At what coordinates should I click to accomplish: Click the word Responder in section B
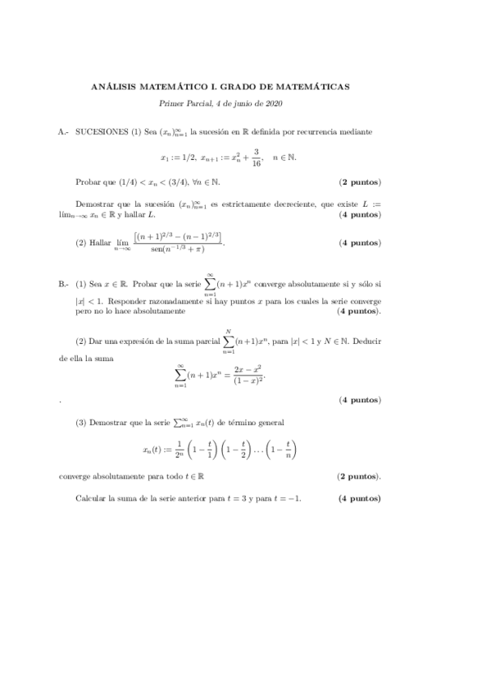click(114, 301)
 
